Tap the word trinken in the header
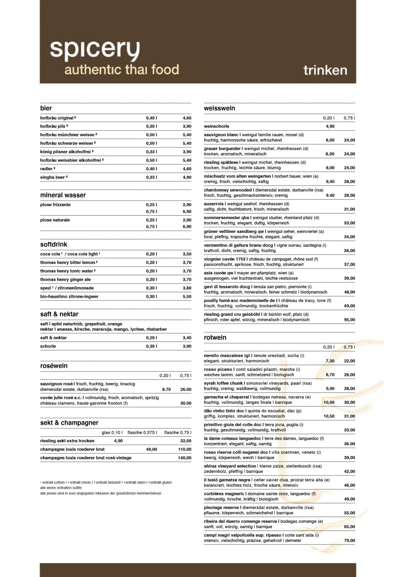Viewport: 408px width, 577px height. click(325, 70)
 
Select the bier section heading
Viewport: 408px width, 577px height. click(46, 108)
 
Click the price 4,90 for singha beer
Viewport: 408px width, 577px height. click(187, 177)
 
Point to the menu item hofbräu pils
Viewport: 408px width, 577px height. click(53, 126)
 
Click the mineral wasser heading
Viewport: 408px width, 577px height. click(63, 195)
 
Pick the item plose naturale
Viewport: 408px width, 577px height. click(55, 220)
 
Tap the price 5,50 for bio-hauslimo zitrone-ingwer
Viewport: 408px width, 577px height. click(187, 297)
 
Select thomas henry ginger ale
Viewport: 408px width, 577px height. click(65, 280)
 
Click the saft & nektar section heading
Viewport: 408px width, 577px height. click(59, 314)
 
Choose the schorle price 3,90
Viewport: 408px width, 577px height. click(187, 346)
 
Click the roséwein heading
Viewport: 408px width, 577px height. click(54, 366)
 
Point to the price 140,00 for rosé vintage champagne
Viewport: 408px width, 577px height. click(184, 458)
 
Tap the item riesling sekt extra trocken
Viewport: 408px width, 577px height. click(67, 441)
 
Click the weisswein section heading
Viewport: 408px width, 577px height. click(219, 108)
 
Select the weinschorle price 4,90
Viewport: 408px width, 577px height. click(330, 127)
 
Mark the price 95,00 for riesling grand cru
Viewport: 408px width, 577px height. click(349, 320)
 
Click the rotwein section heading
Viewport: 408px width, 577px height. click(215, 338)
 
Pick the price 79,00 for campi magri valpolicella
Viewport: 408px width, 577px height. click(349, 541)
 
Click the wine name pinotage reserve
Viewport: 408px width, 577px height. click(221, 507)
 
